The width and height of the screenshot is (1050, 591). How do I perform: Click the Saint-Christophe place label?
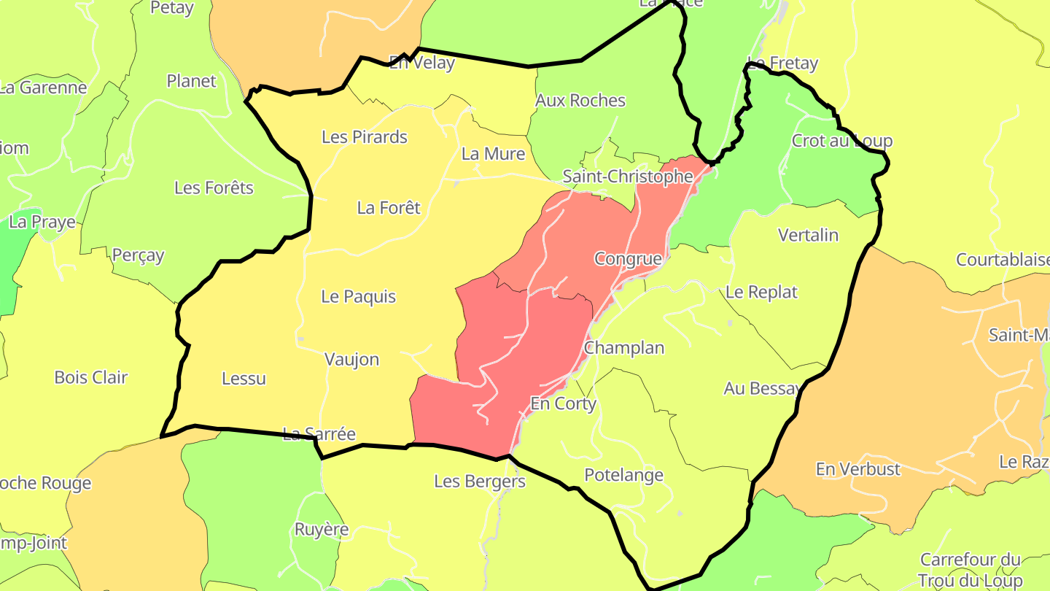(628, 177)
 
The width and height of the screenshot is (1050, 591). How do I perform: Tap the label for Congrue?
(628, 258)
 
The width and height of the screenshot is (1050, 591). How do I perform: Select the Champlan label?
(624, 347)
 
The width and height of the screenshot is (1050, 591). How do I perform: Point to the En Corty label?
(563, 403)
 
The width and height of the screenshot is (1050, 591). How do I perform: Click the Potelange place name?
(624, 475)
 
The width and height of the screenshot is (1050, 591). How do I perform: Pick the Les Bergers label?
(480, 481)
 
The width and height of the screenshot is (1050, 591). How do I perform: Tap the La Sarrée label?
(319, 434)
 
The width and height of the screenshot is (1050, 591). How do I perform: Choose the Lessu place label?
(244, 378)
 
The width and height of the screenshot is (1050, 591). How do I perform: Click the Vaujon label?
(351, 359)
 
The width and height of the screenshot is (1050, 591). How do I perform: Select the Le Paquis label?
(359, 296)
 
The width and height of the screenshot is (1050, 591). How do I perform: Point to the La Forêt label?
(389, 208)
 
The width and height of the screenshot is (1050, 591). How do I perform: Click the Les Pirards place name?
(365, 137)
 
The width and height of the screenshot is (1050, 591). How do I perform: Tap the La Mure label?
(494, 154)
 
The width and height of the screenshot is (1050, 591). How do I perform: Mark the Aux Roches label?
(580, 101)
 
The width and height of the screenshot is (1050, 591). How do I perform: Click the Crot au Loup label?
(842, 141)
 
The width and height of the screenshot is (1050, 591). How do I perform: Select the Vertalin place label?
(809, 235)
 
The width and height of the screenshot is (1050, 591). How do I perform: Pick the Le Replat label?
(762, 292)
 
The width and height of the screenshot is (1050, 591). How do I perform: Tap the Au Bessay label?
(763, 388)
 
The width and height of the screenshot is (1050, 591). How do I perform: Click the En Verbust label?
(858, 469)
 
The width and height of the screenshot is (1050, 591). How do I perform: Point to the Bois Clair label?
(91, 377)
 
